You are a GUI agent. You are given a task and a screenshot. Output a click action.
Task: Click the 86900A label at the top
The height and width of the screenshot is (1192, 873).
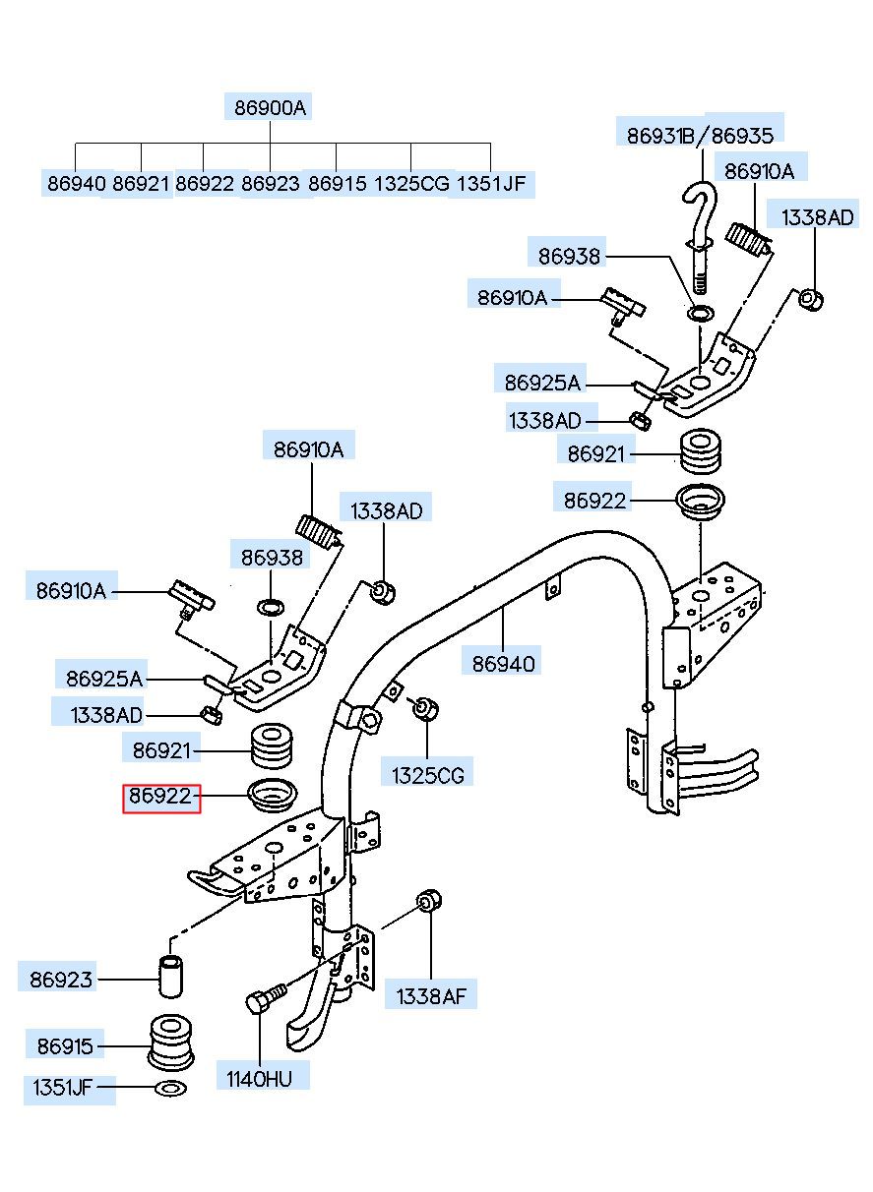[x=270, y=107]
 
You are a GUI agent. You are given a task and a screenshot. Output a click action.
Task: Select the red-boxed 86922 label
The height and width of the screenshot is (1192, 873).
[x=161, y=796]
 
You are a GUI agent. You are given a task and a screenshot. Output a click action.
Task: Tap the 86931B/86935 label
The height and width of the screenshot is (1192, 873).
[x=700, y=136]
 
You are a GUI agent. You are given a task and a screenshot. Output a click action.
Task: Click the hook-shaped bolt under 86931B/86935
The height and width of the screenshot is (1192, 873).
[x=700, y=234]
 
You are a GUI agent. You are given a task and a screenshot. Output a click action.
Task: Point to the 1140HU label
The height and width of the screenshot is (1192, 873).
[x=260, y=1079]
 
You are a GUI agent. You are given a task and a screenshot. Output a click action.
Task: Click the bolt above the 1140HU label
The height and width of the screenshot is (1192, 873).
[x=266, y=998]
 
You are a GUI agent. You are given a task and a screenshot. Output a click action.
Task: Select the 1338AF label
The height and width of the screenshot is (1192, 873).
[x=431, y=996]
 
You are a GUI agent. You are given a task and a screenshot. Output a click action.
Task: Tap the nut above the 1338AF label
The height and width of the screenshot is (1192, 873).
[x=429, y=900]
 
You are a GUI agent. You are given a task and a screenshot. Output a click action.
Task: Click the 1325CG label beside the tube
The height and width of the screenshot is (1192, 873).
[x=428, y=775]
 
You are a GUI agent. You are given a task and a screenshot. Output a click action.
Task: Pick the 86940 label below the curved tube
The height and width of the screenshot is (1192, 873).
[x=503, y=664]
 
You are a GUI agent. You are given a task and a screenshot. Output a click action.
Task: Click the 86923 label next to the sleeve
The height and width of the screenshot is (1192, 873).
[x=61, y=980]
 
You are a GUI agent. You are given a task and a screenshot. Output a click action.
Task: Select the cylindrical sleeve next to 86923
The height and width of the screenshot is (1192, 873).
[x=171, y=976]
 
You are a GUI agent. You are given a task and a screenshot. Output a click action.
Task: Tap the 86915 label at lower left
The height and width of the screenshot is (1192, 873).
[x=65, y=1046]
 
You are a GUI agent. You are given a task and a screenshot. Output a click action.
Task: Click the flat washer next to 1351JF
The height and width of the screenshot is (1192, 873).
[x=170, y=1089]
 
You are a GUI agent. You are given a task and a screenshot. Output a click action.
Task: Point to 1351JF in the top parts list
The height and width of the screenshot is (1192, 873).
[x=491, y=184]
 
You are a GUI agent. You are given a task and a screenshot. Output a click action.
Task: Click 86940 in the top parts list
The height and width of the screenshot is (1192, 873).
[x=77, y=184]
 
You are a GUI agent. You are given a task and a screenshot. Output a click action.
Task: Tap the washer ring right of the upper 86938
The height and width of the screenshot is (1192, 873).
[x=702, y=314]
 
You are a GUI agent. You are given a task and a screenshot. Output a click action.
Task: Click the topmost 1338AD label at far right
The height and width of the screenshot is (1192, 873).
[x=817, y=217]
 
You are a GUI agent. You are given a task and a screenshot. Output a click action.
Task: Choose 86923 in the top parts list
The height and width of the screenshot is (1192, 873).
[x=271, y=184]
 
